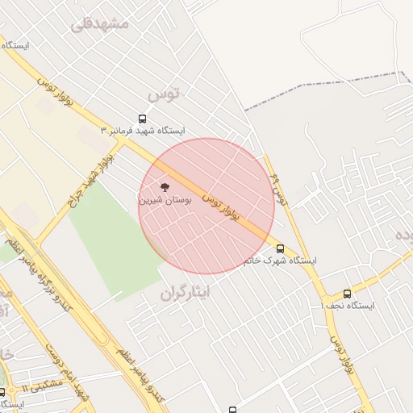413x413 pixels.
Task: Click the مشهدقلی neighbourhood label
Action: tap(99, 23)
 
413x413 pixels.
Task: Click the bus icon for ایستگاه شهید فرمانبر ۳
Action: tap(143, 118)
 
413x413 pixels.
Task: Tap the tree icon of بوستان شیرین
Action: tap(165, 186)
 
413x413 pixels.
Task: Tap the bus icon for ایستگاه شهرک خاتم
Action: tap(280, 248)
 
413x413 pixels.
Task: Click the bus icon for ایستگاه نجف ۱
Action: tap(347, 294)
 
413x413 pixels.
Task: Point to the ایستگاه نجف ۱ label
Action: tap(348, 307)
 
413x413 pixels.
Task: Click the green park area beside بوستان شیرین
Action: tap(109, 234)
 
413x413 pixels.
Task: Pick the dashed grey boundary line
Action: tap(323, 90)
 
